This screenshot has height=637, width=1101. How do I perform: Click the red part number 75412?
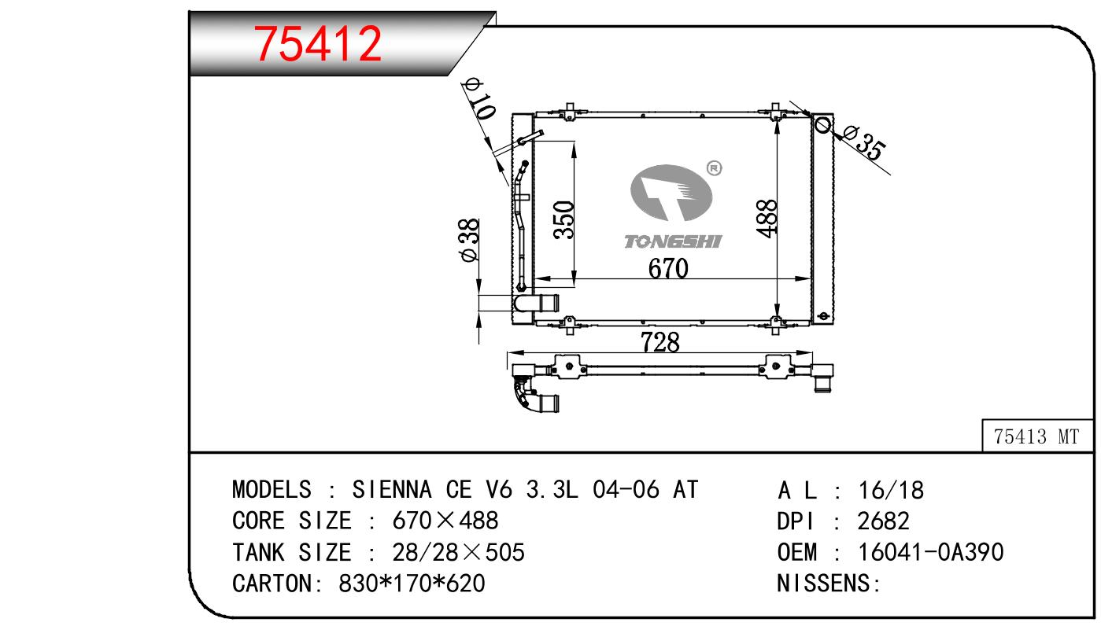[x=317, y=44]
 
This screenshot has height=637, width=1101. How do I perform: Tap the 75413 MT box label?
[x=1036, y=436]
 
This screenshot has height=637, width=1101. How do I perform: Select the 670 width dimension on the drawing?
[x=668, y=268]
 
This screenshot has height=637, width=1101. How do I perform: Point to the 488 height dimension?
[x=767, y=219]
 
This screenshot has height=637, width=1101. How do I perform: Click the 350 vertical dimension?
[x=563, y=219]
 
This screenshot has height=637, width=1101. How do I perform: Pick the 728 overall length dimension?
[x=660, y=342]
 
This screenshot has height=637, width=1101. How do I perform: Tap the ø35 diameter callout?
[x=865, y=142]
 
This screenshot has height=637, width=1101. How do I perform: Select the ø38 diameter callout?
[x=469, y=241]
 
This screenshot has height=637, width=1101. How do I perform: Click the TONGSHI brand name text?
[x=672, y=241]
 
